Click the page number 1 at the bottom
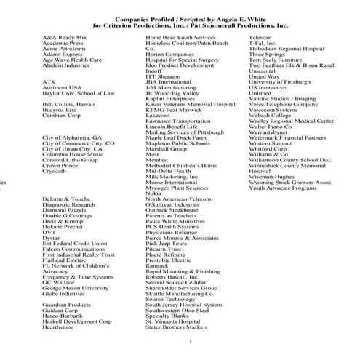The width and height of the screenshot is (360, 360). pos(190,341)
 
